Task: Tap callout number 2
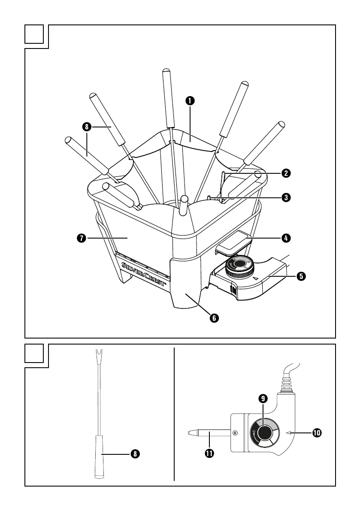(x=285, y=173)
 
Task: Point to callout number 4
(x=285, y=237)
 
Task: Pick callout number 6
(x=214, y=318)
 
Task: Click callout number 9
(x=263, y=398)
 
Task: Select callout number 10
(x=317, y=433)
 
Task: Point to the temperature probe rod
(x=210, y=433)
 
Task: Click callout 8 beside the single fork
(x=135, y=454)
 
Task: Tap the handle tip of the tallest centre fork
(x=166, y=70)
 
